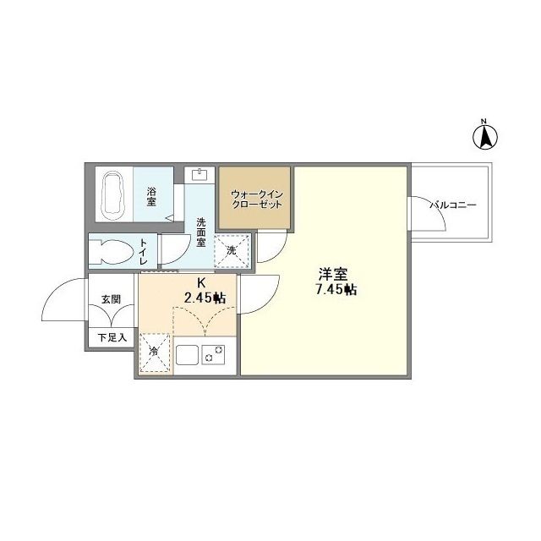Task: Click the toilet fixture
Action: tap(112, 253)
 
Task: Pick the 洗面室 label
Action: tap(201, 232)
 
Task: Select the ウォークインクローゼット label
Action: tap(255, 200)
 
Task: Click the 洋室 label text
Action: tap(332, 275)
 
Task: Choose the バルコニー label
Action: tap(454, 205)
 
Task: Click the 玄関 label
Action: tap(110, 299)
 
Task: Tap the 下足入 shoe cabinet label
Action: tap(110, 337)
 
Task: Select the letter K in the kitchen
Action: tap(201, 283)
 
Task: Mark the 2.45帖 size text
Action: tap(205, 298)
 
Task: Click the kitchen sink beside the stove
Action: tap(186, 353)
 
